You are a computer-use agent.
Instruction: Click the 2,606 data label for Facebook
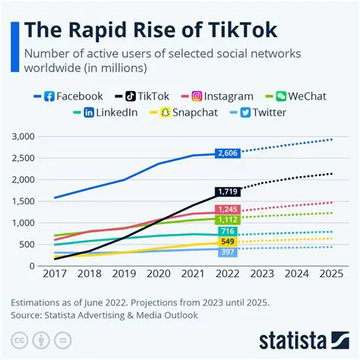[x=228, y=153]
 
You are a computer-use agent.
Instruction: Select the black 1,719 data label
[x=228, y=192]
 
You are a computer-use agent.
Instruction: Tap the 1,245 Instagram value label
[x=228, y=210]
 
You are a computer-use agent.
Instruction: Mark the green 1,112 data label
[x=228, y=219]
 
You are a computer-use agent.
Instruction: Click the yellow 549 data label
[x=228, y=242]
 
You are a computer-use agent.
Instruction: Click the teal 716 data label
[x=228, y=231]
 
